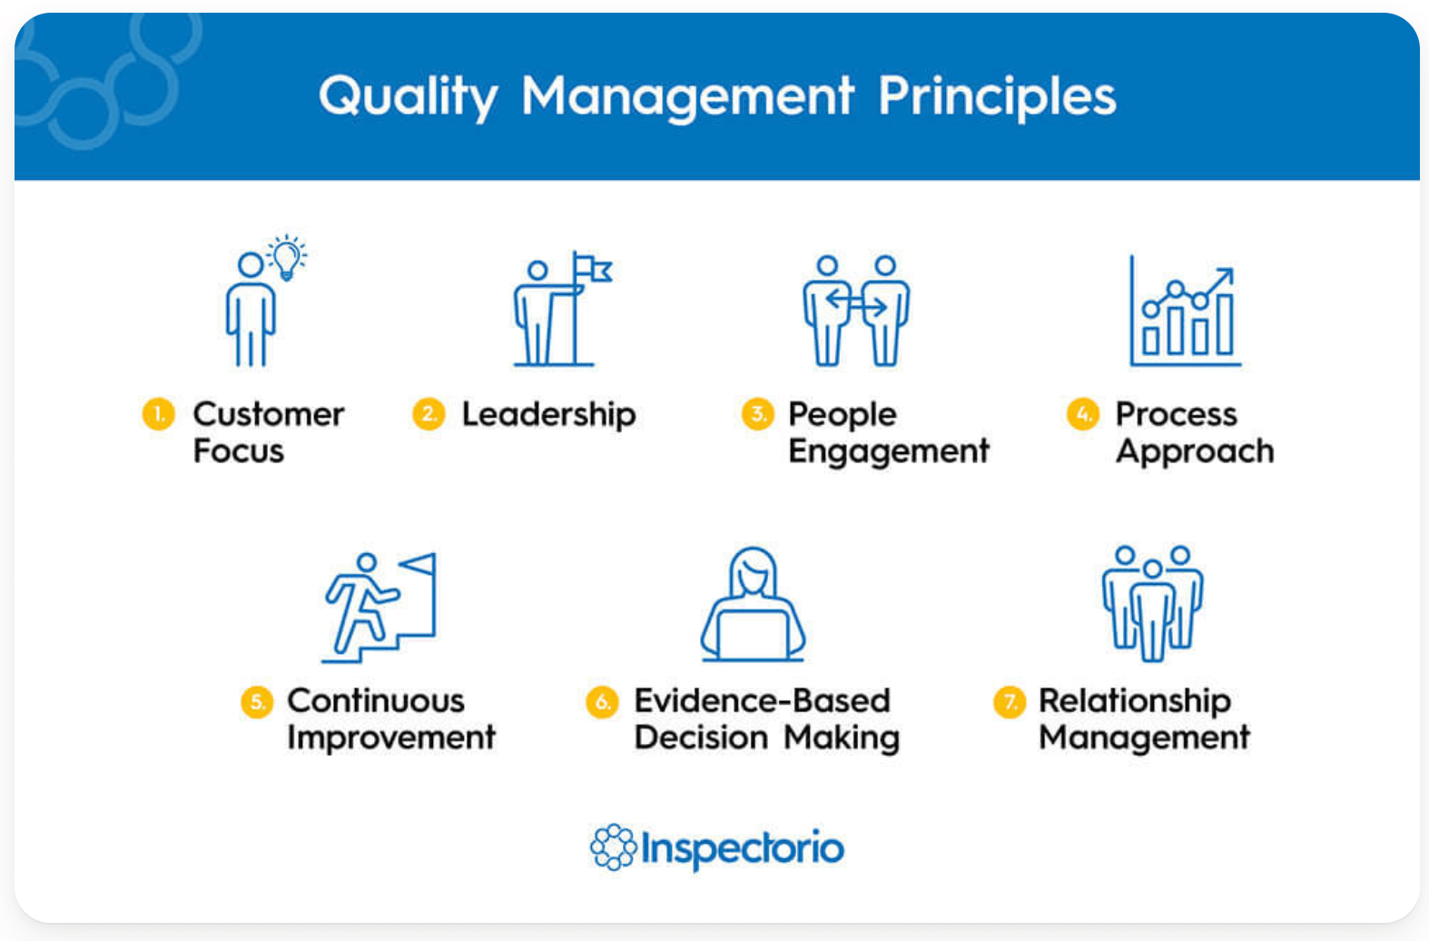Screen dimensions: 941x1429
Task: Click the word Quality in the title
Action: click(x=408, y=97)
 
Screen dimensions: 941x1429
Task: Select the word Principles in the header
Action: click(x=996, y=95)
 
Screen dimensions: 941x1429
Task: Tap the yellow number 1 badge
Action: click(x=158, y=414)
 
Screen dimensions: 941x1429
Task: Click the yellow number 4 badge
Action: click(x=1082, y=414)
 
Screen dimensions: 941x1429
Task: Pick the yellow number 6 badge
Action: click(x=602, y=701)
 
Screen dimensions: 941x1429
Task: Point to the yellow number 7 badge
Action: click(x=1009, y=701)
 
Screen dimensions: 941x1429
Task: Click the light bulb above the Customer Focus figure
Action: click(x=287, y=257)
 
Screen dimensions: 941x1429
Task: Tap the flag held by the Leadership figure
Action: click(x=595, y=269)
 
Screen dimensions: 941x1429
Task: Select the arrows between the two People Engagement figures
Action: click(x=855, y=303)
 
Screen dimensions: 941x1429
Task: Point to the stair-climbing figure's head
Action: click(x=366, y=563)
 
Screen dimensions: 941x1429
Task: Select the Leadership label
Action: click(x=548, y=414)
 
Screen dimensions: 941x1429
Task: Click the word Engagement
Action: click(x=888, y=451)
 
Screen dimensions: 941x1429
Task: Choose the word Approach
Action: click(x=1195, y=451)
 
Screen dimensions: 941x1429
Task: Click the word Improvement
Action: click(x=391, y=738)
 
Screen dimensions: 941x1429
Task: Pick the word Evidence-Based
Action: click(x=762, y=700)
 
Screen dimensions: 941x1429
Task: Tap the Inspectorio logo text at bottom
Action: click(x=742, y=848)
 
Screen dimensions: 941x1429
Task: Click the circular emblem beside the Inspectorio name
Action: click(x=614, y=847)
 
